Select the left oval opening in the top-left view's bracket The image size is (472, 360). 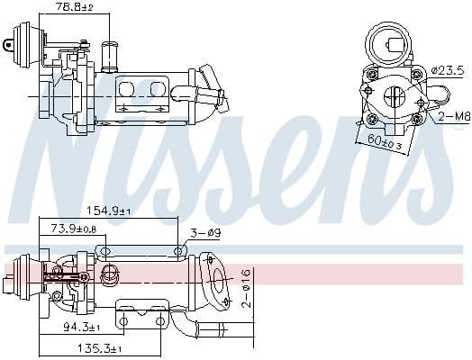tap(126, 87)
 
